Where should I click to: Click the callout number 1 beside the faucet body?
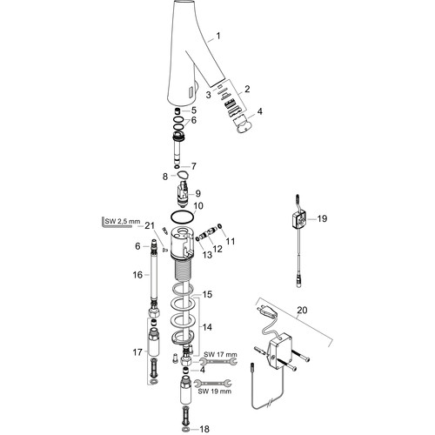click(x=218, y=36)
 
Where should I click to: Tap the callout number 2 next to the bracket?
click(x=247, y=89)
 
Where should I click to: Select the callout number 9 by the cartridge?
click(x=197, y=193)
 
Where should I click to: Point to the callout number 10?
click(x=198, y=206)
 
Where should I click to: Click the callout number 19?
click(x=322, y=218)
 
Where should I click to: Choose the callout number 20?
click(x=302, y=310)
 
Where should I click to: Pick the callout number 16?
click(x=137, y=275)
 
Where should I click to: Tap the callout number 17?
click(x=137, y=352)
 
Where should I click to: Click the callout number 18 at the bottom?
click(x=204, y=429)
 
